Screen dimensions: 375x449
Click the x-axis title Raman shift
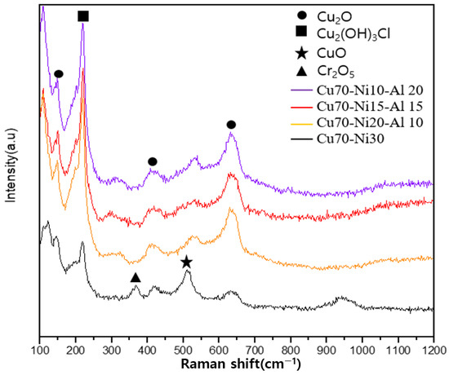pos(237,363)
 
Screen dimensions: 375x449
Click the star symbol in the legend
pos(301,54)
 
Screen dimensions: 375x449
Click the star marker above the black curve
pos(187,262)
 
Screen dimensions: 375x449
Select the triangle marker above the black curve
pos(136,278)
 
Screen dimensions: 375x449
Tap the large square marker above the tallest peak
pos(83,16)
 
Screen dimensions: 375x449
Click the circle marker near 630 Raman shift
pos(231,125)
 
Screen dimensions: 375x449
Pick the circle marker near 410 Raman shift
pos(152,162)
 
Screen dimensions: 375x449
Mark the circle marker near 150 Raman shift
pos(59,73)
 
